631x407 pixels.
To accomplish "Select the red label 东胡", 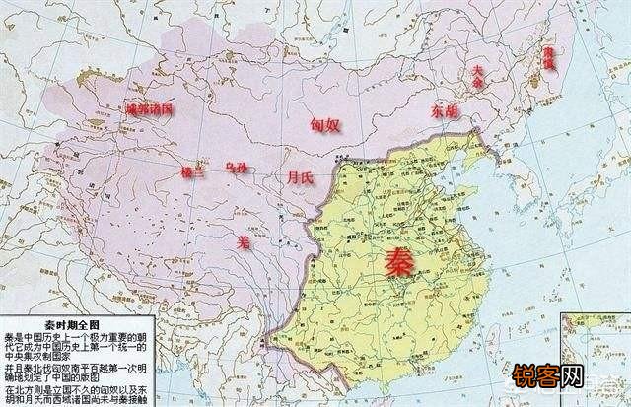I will point(445,112).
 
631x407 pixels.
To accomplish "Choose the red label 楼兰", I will point(193,171).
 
